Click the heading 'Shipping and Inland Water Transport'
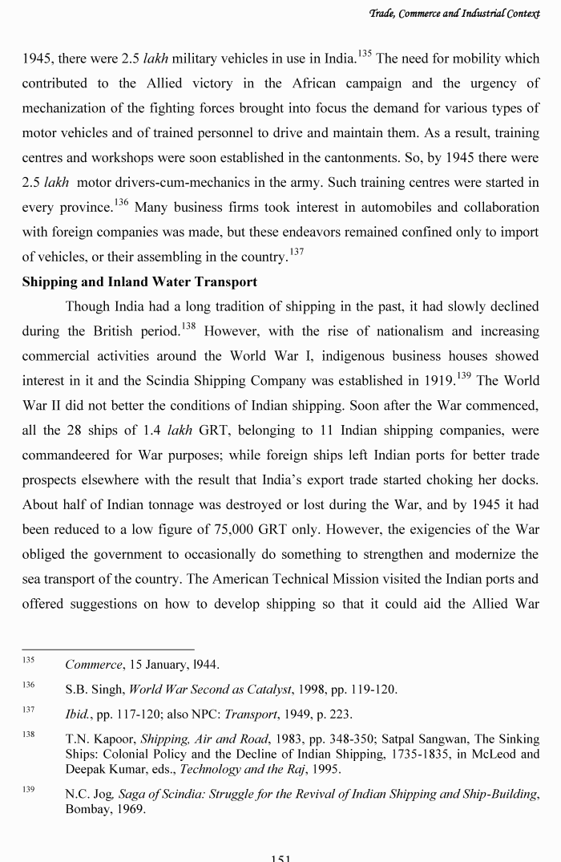click(x=139, y=281)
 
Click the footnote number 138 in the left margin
click(x=28, y=735)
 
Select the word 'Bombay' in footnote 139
click(x=87, y=809)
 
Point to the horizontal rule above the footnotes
click(x=107, y=649)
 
